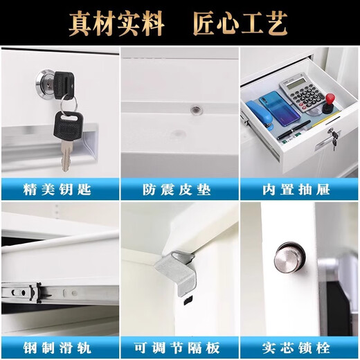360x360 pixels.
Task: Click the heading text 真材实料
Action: click(x=116, y=24)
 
